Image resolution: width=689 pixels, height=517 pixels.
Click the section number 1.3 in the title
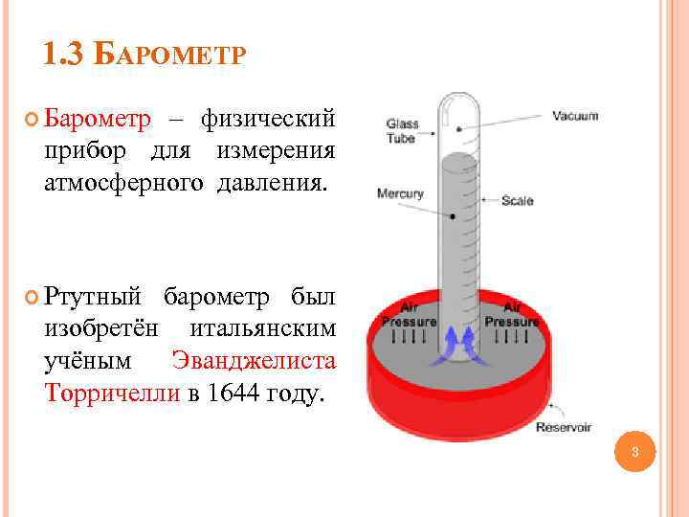[64, 55]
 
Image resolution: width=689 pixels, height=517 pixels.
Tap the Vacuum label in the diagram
[575, 117]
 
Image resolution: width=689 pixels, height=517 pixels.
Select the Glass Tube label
[401, 130]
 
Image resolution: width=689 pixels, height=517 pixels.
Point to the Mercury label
[400, 193]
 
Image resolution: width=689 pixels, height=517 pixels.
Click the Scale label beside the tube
[518, 201]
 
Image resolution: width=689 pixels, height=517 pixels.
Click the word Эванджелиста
[254, 362]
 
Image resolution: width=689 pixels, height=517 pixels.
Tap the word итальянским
[263, 329]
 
